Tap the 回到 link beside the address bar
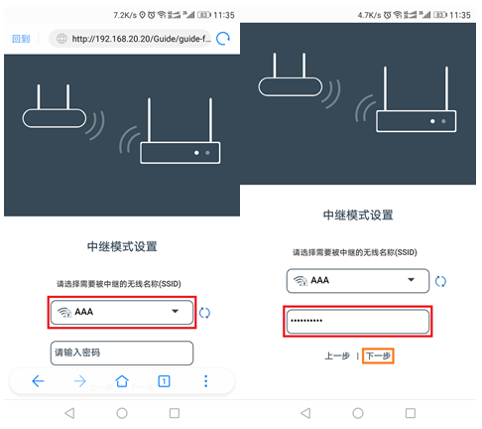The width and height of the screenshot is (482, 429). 21,39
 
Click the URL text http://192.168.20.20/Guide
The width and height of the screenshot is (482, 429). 140,39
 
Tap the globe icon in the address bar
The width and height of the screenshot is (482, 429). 60,39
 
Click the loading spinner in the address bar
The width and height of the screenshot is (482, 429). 223,39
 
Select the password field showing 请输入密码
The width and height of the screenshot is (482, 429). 121,353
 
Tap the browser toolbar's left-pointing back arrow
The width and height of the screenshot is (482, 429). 38,380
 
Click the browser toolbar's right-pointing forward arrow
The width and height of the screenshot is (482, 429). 79,380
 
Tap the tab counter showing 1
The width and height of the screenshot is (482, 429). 164,380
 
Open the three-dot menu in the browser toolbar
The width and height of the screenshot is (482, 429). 205,380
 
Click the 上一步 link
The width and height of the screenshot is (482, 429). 336,355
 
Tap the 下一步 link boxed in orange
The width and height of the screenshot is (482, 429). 379,355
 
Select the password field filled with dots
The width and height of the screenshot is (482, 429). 357,322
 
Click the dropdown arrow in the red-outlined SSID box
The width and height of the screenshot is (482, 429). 176,312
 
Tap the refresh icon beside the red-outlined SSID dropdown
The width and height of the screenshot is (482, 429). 204,313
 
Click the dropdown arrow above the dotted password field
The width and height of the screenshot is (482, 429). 413,281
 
